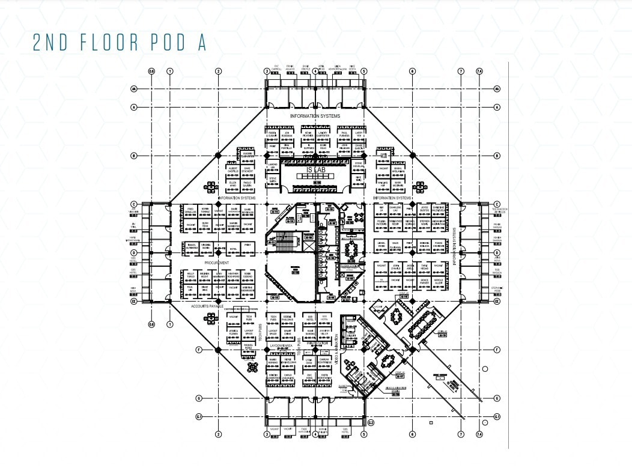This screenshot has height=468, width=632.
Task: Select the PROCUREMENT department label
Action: click(x=217, y=263)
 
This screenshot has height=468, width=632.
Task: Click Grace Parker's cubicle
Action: click(x=425, y=282)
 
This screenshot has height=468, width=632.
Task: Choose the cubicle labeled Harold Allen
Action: click(x=439, y=282)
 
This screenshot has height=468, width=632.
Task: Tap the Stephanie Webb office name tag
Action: click(x=497, y=290)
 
